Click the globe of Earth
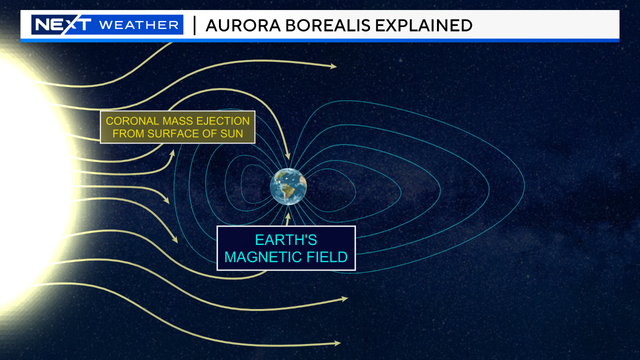coord(288,186)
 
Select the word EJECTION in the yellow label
coord(222,122)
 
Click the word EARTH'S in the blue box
coord(286,240)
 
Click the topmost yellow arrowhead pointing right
coord(331,66)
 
